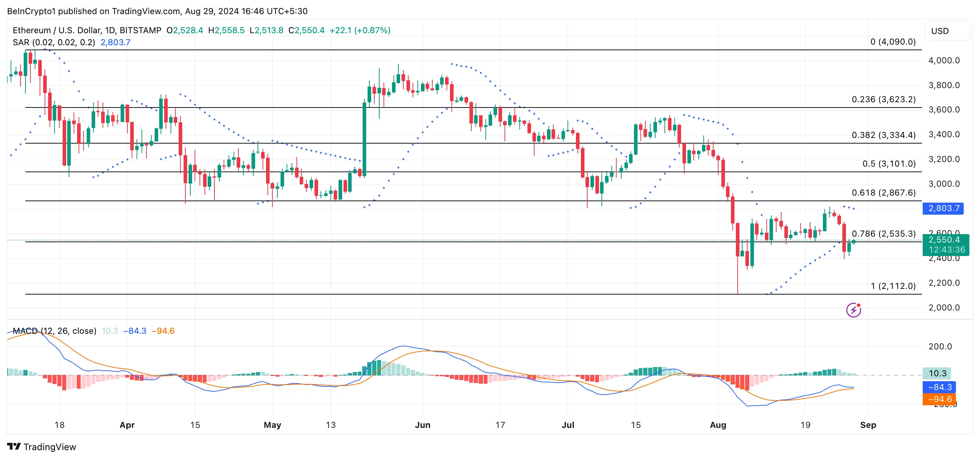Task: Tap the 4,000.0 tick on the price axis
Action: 944,60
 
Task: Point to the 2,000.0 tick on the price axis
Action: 944,308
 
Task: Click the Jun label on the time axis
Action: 422,425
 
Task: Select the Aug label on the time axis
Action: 717,425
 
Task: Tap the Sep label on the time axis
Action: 868,425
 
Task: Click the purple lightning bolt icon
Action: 853,310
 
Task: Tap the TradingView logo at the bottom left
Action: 41,447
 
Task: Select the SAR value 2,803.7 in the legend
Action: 115,42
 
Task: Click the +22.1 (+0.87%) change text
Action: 359,30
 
